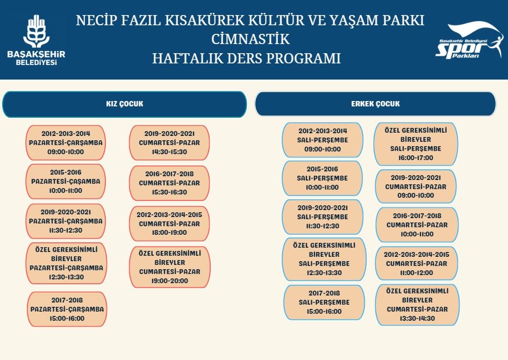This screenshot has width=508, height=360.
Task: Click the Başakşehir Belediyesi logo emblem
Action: pos(37,31)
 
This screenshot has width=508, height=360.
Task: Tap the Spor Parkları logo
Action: pos(469,40)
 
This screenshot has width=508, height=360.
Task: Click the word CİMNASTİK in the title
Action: pos(250,39)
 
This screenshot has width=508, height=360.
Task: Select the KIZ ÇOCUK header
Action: pos(124,104)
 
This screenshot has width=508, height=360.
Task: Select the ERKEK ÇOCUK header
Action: pos(375,104)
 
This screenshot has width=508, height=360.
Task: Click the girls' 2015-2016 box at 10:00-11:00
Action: pos(66,181)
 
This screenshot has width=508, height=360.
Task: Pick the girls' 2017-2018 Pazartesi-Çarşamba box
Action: pos(67,309)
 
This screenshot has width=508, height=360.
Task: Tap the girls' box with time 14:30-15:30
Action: pos(169,143)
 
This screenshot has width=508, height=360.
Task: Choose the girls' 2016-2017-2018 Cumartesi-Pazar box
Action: pos(169,183)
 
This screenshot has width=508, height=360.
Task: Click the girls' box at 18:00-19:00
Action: pos(169,224)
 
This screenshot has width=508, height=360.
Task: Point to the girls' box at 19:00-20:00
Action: pos(170,267)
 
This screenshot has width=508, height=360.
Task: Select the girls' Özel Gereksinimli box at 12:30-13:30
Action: pos(67,263)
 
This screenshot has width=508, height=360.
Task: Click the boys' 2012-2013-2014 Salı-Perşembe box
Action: pos(323,140)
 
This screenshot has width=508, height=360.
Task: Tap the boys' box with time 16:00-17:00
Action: pos(416,144)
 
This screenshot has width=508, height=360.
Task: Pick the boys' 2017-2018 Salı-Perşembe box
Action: pos(324,303)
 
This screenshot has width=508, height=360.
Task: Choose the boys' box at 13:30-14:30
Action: pos(417,305)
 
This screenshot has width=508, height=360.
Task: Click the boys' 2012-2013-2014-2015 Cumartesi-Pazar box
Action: pos(417,263)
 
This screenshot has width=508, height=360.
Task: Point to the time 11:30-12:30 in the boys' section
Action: pos(323,226)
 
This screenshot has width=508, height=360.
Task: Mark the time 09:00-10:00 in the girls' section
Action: pos(66,152)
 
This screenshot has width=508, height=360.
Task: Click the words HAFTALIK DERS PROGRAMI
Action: pos(247,59)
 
